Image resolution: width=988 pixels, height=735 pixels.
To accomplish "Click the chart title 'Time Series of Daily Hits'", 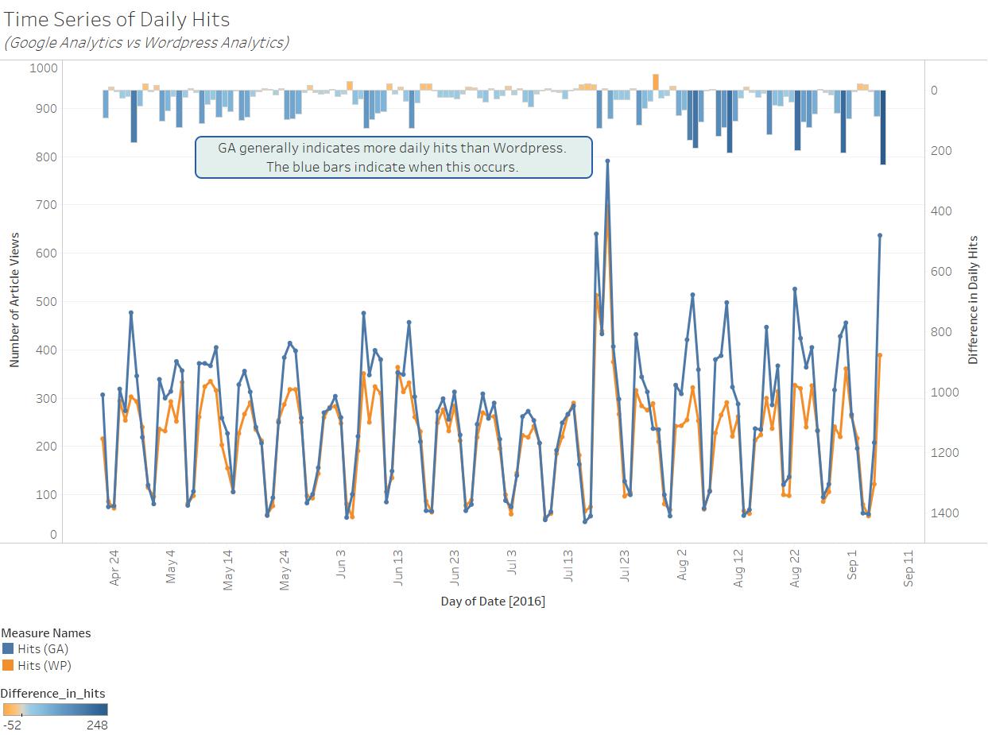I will click(x=117, y=19).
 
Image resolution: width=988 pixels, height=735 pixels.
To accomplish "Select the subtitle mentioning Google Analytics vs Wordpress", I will click(x=146, y=43).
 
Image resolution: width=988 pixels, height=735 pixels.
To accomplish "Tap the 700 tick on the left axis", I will click(x=44, y=205).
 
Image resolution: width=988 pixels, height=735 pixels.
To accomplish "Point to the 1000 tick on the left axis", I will click(x=44, y=68).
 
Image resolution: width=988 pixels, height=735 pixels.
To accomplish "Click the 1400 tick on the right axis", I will click(x=946, y=513).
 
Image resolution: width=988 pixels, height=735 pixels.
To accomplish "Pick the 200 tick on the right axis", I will click(x=941, y=151).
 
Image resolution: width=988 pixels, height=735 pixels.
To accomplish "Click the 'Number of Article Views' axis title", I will click(x=14, y=300).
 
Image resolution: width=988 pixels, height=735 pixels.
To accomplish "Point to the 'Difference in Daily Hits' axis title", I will click(x=973, y=300).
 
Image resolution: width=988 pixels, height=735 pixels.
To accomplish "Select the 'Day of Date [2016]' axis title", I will click(x=493, y=602).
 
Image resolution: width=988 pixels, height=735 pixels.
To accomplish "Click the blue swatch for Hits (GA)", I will click(x=8, y=649).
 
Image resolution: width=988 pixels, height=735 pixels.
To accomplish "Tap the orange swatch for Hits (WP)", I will click(x=8, y=666).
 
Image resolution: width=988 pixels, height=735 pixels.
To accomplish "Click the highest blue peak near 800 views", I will click(x=607, y=161).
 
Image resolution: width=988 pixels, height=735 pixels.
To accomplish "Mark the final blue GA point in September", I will click(x=880, y=235).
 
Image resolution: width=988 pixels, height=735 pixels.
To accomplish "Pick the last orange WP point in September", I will click(x=880, y=355).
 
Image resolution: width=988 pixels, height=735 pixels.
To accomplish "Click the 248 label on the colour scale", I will click(x=97, y=725).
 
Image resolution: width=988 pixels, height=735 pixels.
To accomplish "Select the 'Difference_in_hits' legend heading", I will click(x=52, y=693).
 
